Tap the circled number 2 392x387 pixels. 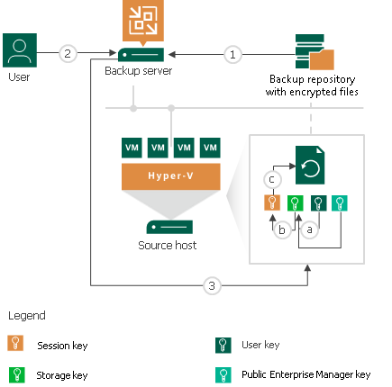pyautogui.click(x=67, y=54)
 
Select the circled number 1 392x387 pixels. pyautogui.click(x=232, y=54)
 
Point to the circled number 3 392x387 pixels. pyautogui.click(x=212, y=286)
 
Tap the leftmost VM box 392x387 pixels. pyautogui.click(x=132, y=146)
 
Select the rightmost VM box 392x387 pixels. pyautogui.click(x=212, y=146)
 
